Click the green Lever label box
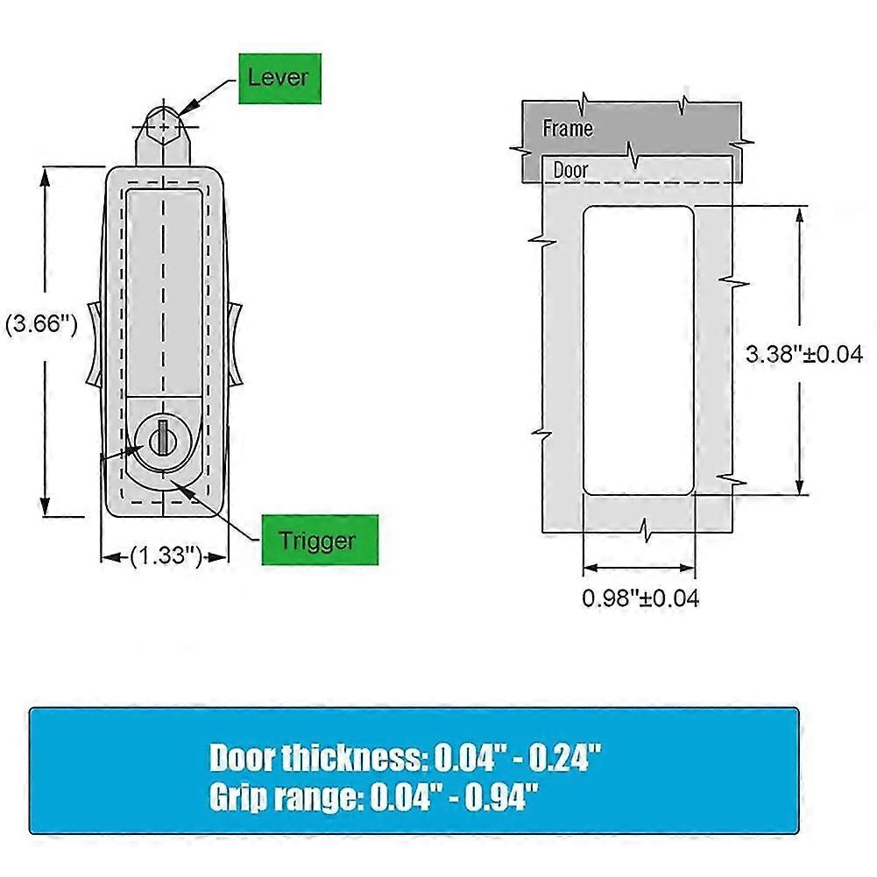tap(279, 78)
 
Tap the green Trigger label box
tap(320, 540)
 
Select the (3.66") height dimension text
tap(41, 323)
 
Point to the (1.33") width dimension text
tap(166, 556)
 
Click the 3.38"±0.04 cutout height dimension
tap(804, 354)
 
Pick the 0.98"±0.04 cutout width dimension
tap(640, 598)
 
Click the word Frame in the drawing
tap(568, 129)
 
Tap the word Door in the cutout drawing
tap(570, 170)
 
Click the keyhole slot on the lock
tap(162, 438)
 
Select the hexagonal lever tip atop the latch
tap(163, 125)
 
